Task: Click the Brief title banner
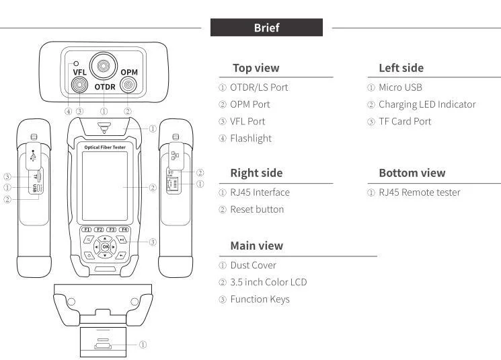[266, 28]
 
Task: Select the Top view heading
[256, 68]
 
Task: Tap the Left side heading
[401, 68]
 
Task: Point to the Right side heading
[256, 173]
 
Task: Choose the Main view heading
[256, 246]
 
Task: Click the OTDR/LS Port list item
[259, 87]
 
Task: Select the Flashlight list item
[251, 139]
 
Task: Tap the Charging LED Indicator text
[427, 104]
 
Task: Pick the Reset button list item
[257, 209]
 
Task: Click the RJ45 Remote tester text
[419, 192]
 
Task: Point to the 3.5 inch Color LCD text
[268, 282]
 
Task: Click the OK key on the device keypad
[105, 247]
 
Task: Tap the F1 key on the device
[87, 229]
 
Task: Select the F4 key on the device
[124, 229]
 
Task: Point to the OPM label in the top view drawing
[128, 72]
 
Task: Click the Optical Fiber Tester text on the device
[105, 147]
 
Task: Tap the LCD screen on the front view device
[105, 186]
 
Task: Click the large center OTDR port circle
[104, 66]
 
